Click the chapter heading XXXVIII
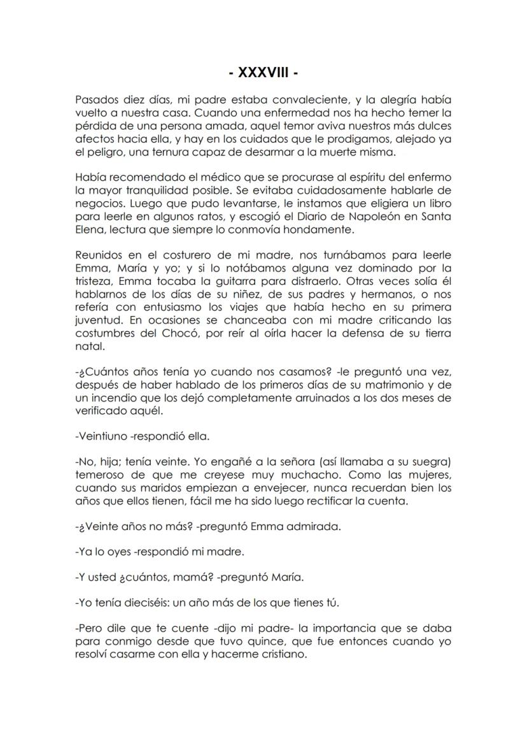pos(263,73)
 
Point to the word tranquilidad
pos(172,190)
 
